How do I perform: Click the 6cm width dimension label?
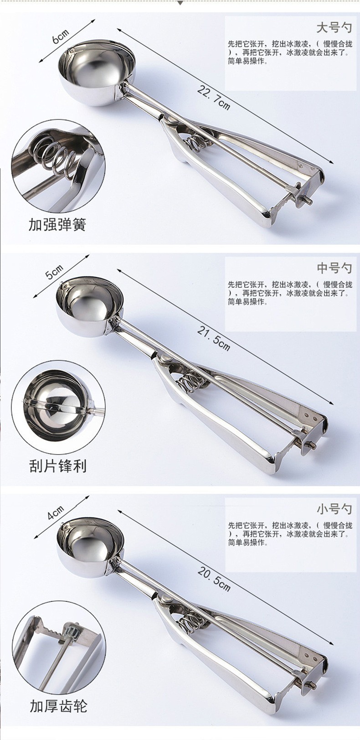[x=61, y=36]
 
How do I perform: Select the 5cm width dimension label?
[x=54, y=272]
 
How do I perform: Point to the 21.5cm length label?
[x=214, y=337]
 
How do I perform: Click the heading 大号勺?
[x=334, y=28]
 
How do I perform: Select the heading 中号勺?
[x=334, y=268]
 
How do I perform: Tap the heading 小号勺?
[x=334, y=509]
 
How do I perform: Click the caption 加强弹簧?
[x=57, y=225]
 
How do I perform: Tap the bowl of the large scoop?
[x=97, y=72]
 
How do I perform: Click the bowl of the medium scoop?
[x=90, y=308]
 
